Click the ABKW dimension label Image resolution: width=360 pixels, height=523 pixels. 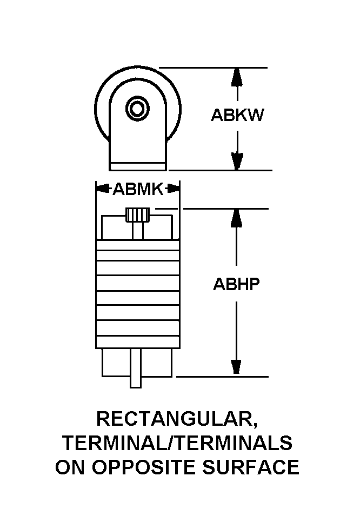click(x=237, y=115)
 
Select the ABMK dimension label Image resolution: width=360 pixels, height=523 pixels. click(x=138, y=190)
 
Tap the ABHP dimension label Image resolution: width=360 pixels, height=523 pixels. click(x=236, y=284)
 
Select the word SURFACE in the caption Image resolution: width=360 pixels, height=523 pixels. click(x=251, y=467)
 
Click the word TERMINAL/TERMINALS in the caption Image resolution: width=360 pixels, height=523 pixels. click(x=177, y=443)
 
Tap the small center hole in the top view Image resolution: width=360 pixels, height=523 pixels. click(x=137, y=109)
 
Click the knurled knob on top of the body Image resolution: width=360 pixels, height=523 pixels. click(x=137, y=214)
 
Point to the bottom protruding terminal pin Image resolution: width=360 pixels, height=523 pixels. click(x=136, y=368)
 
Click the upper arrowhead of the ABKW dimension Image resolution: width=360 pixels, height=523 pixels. click(x=237, y=76)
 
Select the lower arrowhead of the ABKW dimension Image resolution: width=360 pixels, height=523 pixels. click(x=237, y=162)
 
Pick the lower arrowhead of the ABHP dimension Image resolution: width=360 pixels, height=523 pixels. click(x=236, y=368)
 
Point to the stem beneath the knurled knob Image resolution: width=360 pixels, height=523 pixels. click(x=137, y=231)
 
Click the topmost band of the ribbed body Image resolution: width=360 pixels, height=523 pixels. click(x=138, y=245)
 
